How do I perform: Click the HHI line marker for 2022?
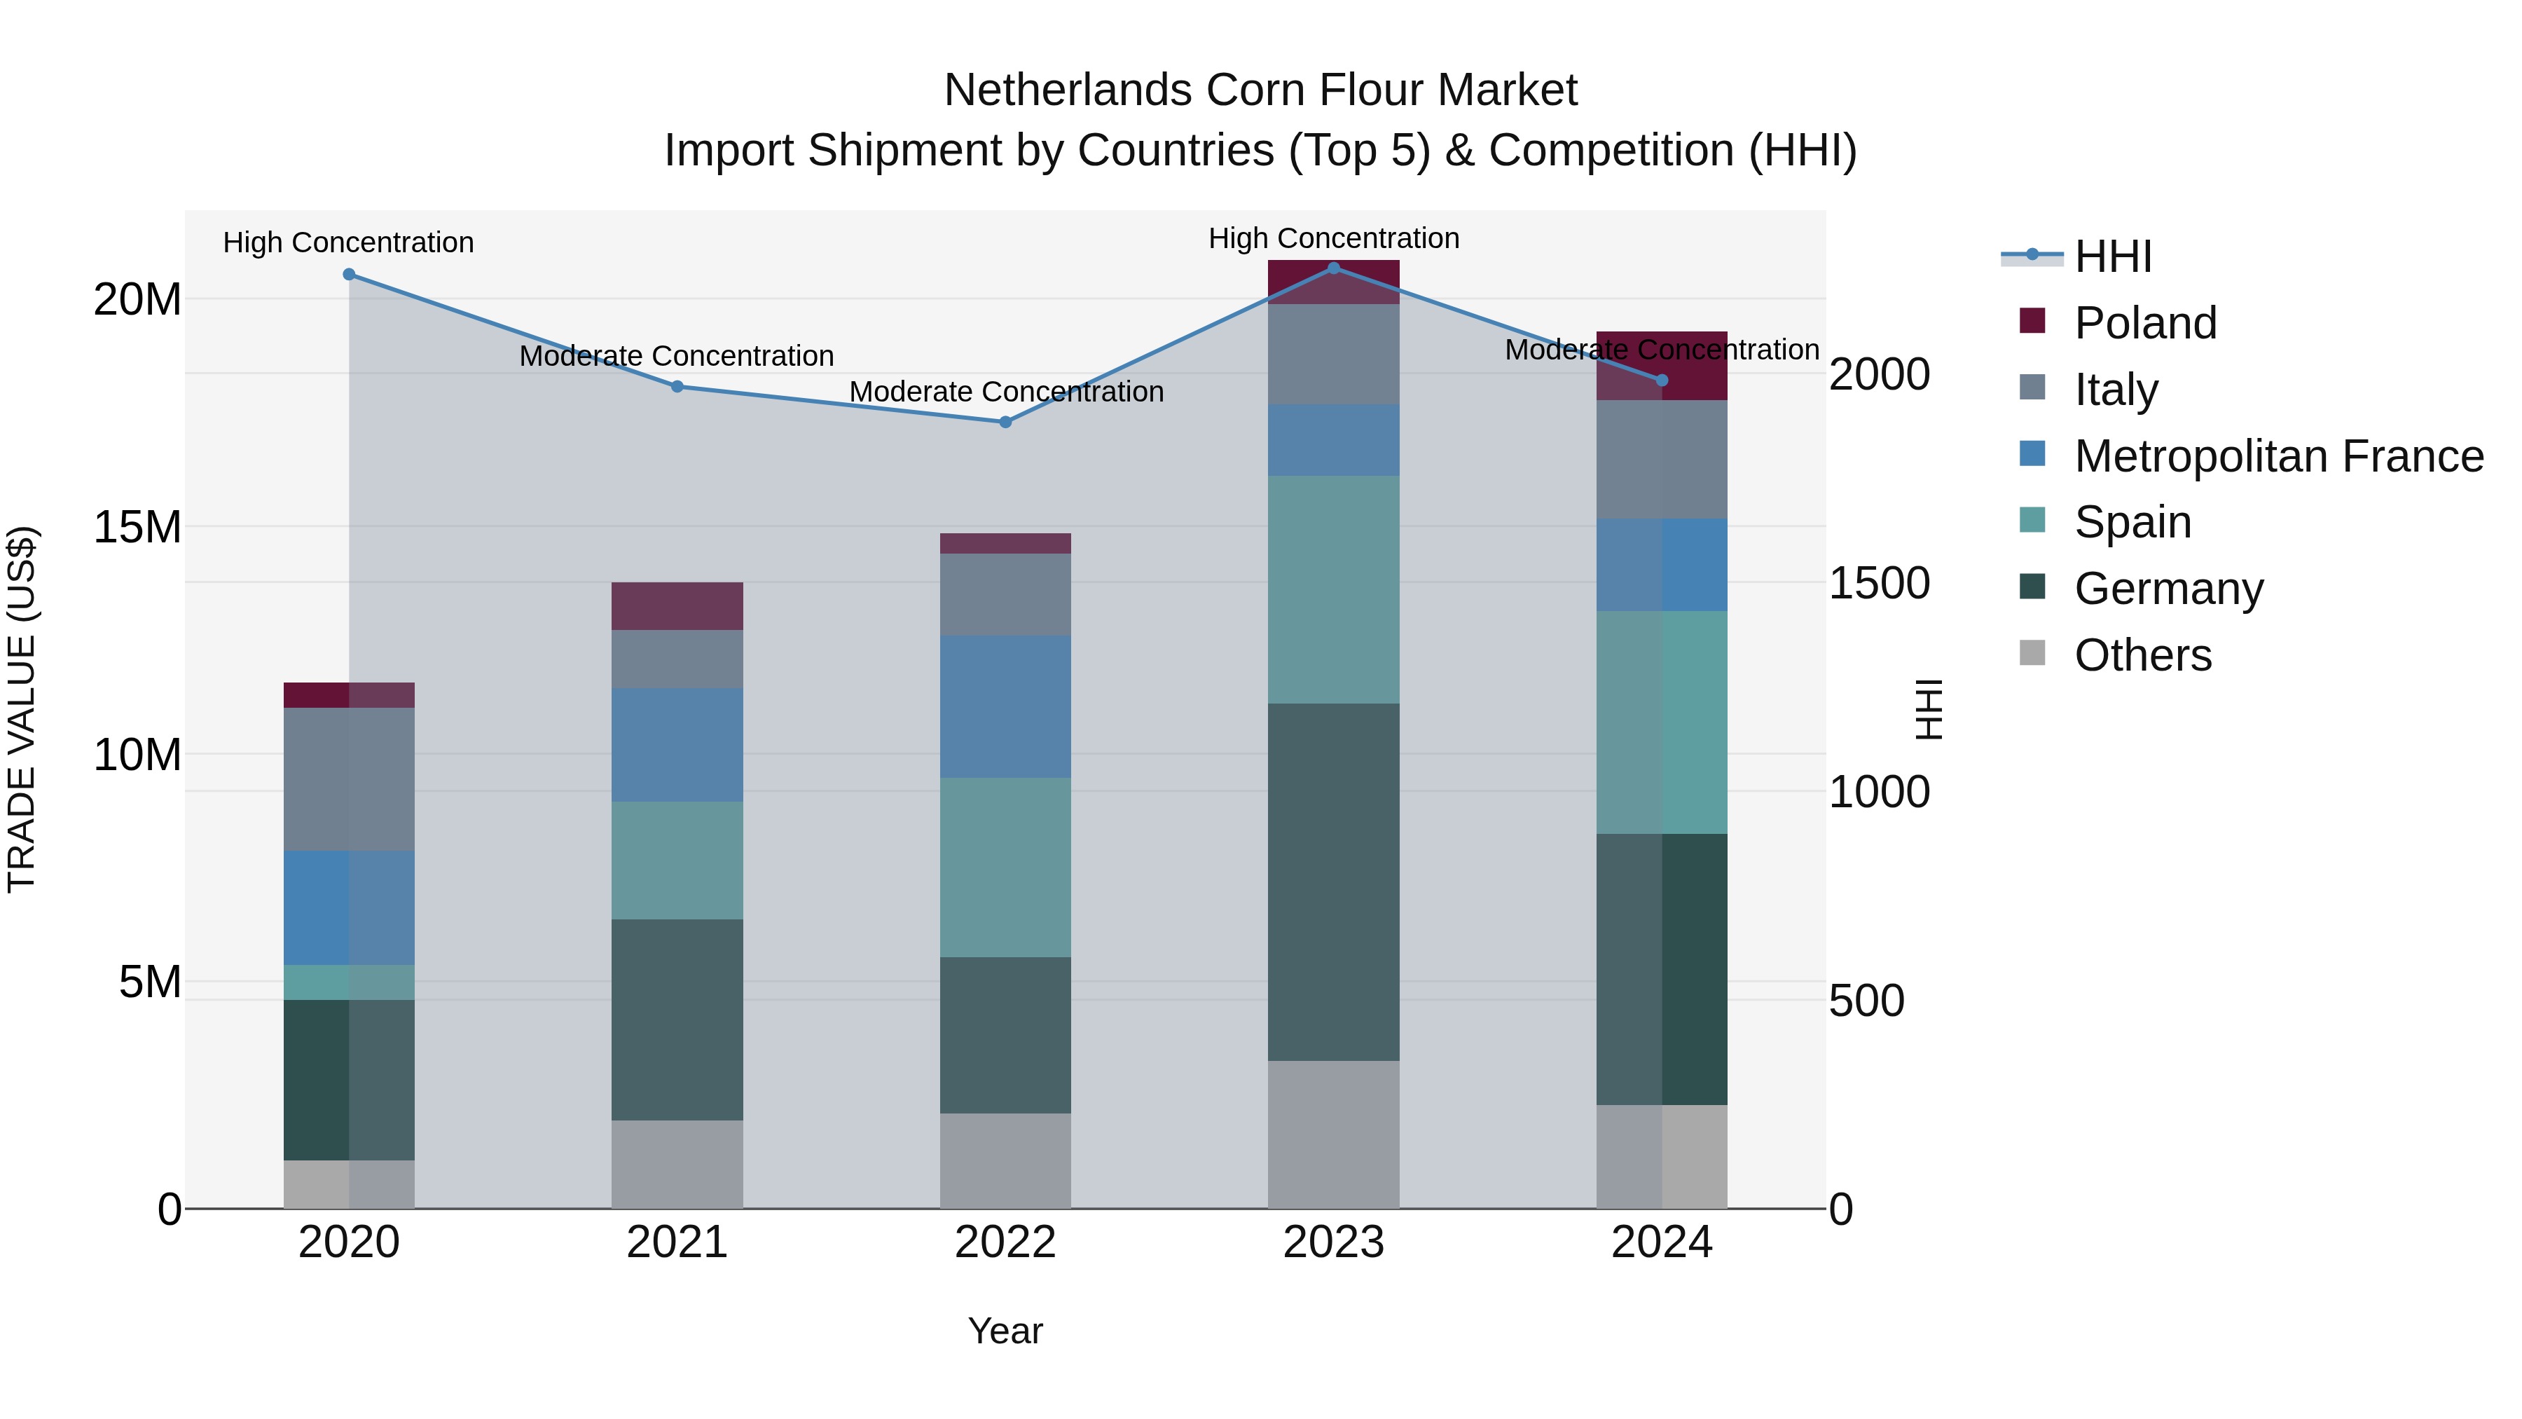pos(1005,422)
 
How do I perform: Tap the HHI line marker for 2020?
pos(350,274)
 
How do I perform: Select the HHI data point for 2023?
pos(1333,268)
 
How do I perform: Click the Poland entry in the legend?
pos(2144,323)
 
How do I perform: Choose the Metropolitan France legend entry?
pos(2278,456)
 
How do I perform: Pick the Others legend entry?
pos(2142,655)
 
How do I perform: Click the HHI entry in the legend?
pos(2113,256)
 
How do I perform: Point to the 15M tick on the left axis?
pos(137,528)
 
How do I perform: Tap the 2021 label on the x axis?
pos(677,1242)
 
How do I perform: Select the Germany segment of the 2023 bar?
pos(1333,882)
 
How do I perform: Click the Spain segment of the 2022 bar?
pos(1005,867)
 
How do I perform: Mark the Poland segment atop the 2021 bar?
pos(677,606)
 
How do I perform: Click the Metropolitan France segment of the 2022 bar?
pos(1005,706)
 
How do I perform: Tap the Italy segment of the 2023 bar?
pos(1333,354)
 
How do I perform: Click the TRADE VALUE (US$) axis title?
pos(22,709)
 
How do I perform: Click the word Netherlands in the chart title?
pos(1067,91)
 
